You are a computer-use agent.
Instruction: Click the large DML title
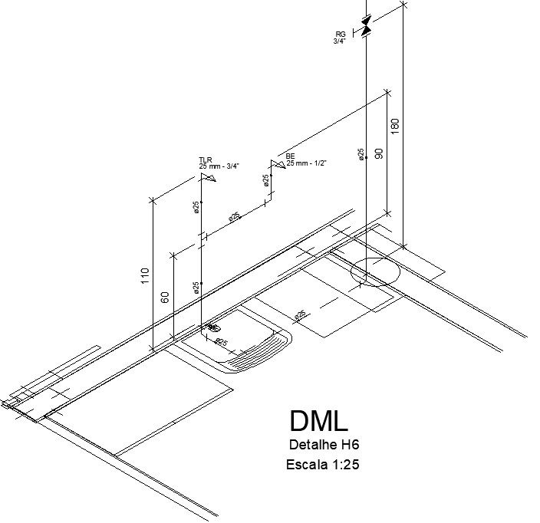pyautogui.click(x=319, y=421)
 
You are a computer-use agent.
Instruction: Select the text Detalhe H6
pyautogui.click(x=324, y=446)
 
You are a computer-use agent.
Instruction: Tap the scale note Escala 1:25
pyautogui.click(x=322, y=465)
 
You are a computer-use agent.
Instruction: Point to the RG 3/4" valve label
pyautogui.click(x=340, y=38)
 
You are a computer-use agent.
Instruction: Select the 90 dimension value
pyautogui.click(x=378, y=153)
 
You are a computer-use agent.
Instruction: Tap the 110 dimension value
pyautogui.click(x=145, y=276)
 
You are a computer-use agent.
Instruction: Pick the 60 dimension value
pyautogui.click(x=165, y=297)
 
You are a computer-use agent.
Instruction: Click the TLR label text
pyautogui.click(x=205, y=160)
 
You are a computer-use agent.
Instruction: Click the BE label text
pyautogui.click(x=290, y=156)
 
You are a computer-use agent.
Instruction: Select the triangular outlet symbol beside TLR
pyautogui.click(x=206, y=178)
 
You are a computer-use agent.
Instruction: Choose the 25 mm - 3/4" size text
pyautogui.click(x=219, y=166)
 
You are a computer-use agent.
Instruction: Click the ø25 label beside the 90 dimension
pyautogui.click(x=361, y=154)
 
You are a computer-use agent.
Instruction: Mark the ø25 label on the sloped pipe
pyautogui.click(x=234, y=217)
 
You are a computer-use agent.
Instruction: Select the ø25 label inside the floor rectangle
pyautogui.click(x=300, y=314)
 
